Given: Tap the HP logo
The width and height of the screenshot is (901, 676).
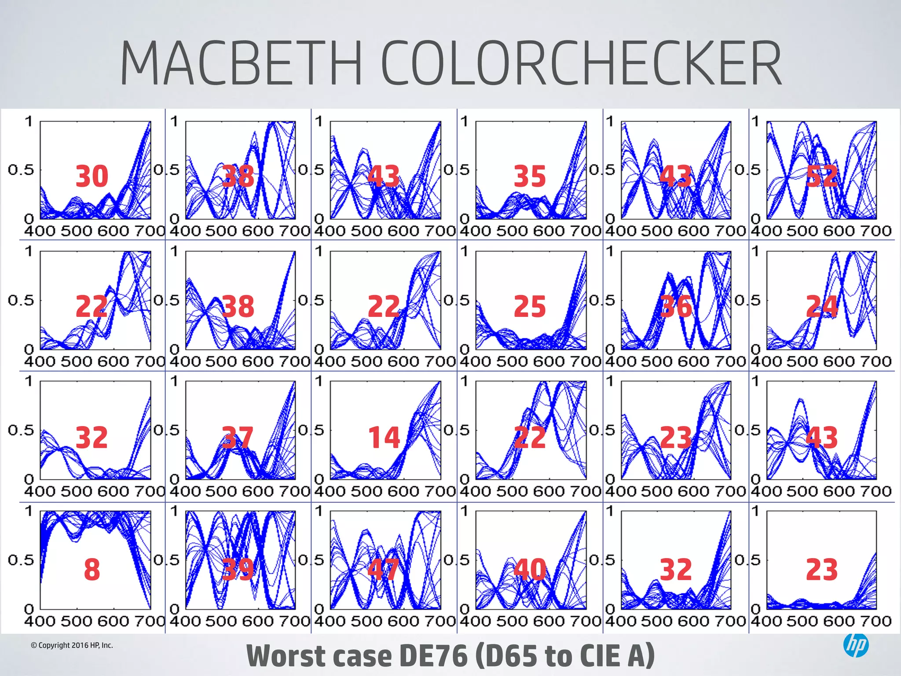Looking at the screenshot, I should (x=856, y=645).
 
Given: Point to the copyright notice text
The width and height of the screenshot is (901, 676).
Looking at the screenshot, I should (x=72, y=645).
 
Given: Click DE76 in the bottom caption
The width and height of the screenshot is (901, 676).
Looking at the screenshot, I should (x=433, y=656).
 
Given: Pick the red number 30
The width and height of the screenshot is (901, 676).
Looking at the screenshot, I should (x=92, y=176).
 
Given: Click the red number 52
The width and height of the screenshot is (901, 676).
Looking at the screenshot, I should (x=821, y=176).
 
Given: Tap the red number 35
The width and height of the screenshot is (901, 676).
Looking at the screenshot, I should (x=530, y=176).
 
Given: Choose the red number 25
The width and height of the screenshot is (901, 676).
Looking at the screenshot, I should (x=530, y=306).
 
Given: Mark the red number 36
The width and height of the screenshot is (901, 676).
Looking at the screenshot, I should (x=676, y=306).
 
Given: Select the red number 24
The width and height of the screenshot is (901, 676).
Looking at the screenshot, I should (x=821, y=306).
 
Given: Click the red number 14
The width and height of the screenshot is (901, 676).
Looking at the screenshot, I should (x=384, y=437).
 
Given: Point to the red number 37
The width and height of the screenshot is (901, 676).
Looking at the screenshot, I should (x=238, y=437).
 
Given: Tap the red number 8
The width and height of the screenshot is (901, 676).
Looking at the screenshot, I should (x=92, y=569).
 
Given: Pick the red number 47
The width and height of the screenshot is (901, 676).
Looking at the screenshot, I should (x=383, y=569).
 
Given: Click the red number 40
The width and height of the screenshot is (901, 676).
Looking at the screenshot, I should (x=530, y=569).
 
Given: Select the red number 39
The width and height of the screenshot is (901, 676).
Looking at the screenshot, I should (x=238, y=569).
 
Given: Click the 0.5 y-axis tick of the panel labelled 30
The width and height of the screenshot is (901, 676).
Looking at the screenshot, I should (x=21, y=170).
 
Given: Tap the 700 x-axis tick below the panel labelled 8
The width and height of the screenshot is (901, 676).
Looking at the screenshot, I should (x=149, y=621).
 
